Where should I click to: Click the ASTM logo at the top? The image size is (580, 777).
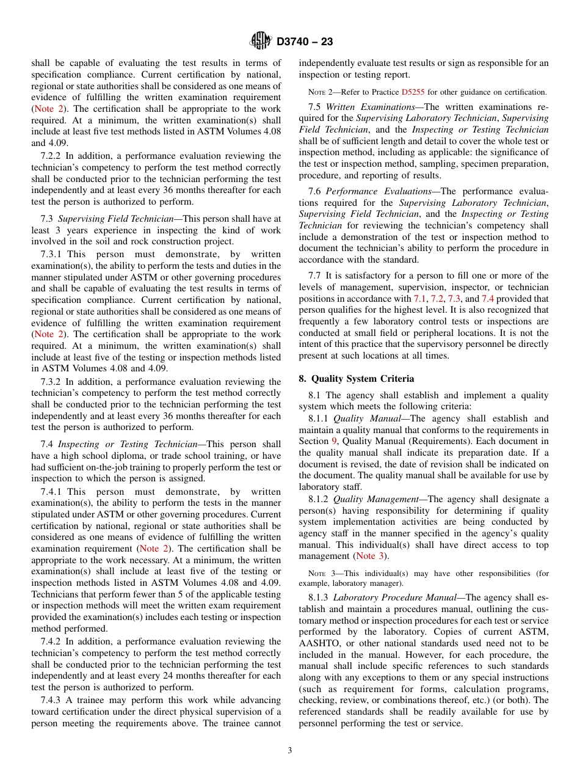261,41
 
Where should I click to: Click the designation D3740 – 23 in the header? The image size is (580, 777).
305,42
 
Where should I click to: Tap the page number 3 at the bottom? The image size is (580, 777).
290,750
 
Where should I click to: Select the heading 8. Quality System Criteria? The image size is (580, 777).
356,379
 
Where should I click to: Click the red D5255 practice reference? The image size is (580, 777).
412,92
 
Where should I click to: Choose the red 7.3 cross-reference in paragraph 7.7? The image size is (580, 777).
454,299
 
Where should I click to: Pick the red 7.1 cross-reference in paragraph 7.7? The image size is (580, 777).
420,299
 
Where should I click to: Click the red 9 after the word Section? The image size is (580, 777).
334,441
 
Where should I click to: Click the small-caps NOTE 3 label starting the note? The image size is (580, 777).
319,574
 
